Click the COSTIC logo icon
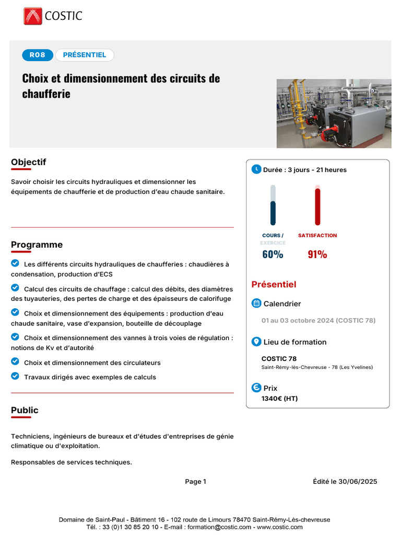click(32, 16)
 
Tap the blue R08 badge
click(38, 55)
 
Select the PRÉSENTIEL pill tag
click(85, 55)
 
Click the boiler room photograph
click(334, 113)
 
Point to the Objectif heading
click(29, 162)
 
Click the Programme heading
click(37, 245)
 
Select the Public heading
click(25, 411)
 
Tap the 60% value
click(273, 254)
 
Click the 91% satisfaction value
click(317, 254)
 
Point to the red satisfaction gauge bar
click(317, 206)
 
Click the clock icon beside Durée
click(256, 169)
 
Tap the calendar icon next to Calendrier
click(256, 304)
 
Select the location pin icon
click(256, 342)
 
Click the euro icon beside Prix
click(256, 388)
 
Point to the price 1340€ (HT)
click(279, 399)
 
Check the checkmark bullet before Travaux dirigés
click(15, 376)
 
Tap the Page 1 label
click(195, 482)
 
